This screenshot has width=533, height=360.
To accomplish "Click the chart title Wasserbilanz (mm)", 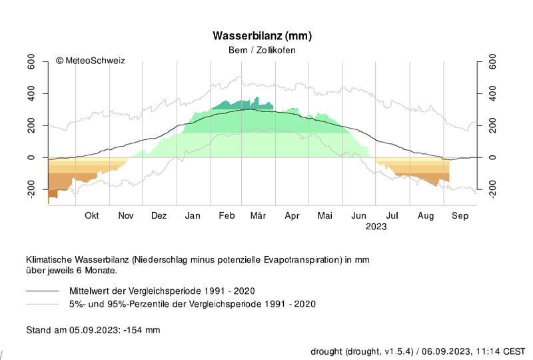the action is [262, 36].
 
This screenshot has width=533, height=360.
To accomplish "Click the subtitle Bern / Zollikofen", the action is [262, 50].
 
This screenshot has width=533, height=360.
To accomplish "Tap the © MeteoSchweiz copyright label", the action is [91, 61].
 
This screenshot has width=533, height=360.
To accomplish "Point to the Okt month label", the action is [92, 215].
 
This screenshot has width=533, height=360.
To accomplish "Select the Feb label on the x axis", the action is [227, 215].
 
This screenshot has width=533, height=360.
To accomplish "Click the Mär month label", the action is [258, 215].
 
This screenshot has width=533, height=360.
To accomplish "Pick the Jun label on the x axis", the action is [358, 215].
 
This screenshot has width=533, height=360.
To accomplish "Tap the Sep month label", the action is [460, 216].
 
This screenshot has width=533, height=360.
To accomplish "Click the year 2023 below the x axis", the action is [376, 227].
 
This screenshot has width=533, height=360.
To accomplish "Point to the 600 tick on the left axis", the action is [31, 61].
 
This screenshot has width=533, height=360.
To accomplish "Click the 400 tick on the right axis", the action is [492, 93].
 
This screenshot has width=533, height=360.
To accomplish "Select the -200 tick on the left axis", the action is [31, 189].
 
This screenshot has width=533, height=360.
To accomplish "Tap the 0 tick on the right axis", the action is [492, 157].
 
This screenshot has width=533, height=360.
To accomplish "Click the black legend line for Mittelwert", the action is [43, 291].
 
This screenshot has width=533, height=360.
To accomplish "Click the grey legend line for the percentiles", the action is [43, 304].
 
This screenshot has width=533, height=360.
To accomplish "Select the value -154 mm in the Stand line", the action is [142, 330].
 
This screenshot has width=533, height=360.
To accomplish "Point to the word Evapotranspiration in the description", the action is [302, 259].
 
